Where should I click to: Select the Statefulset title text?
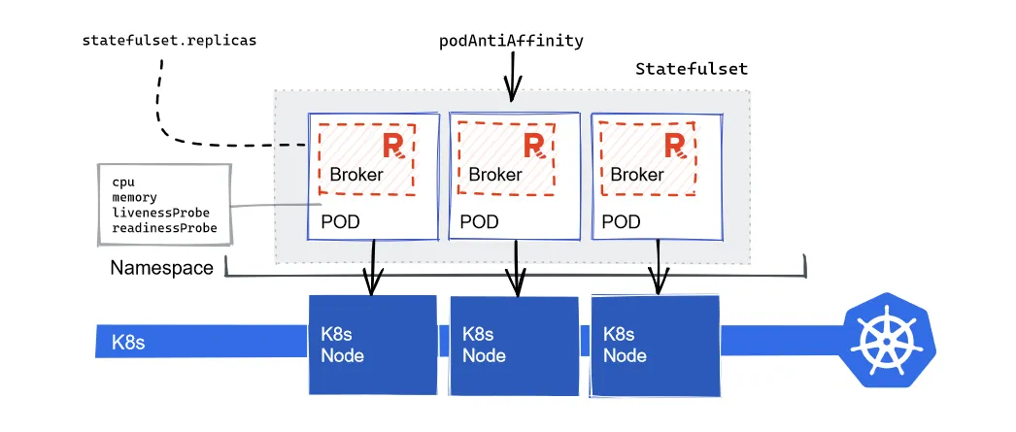point(691,69)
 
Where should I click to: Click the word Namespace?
point(161,268)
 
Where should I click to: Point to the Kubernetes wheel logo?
point(887,341)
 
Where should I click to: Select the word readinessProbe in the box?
point(164,227)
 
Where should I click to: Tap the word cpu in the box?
point(122,182)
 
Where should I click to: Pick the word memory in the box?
point(134,197)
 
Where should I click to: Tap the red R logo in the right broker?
point(677,147)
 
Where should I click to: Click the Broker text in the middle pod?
point(494,176)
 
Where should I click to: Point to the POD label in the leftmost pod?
point(340,222)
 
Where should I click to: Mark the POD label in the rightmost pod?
point(621,222)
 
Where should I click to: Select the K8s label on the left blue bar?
point(129,342)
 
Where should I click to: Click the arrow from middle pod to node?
point(516,267)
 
